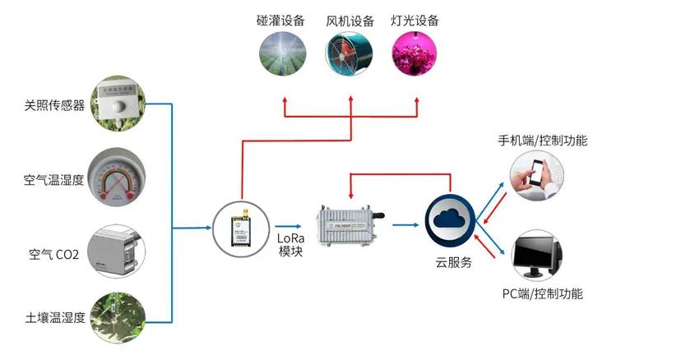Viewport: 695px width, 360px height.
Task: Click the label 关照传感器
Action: point(55,105)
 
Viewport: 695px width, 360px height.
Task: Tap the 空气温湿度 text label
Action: point(55,179)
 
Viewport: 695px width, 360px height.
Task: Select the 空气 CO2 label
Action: point(54,255)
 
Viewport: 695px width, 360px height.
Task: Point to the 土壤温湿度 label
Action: point(55,317)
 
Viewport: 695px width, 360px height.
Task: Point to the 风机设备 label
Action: point(350,21)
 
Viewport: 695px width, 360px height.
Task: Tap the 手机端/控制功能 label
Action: point(543,141)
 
